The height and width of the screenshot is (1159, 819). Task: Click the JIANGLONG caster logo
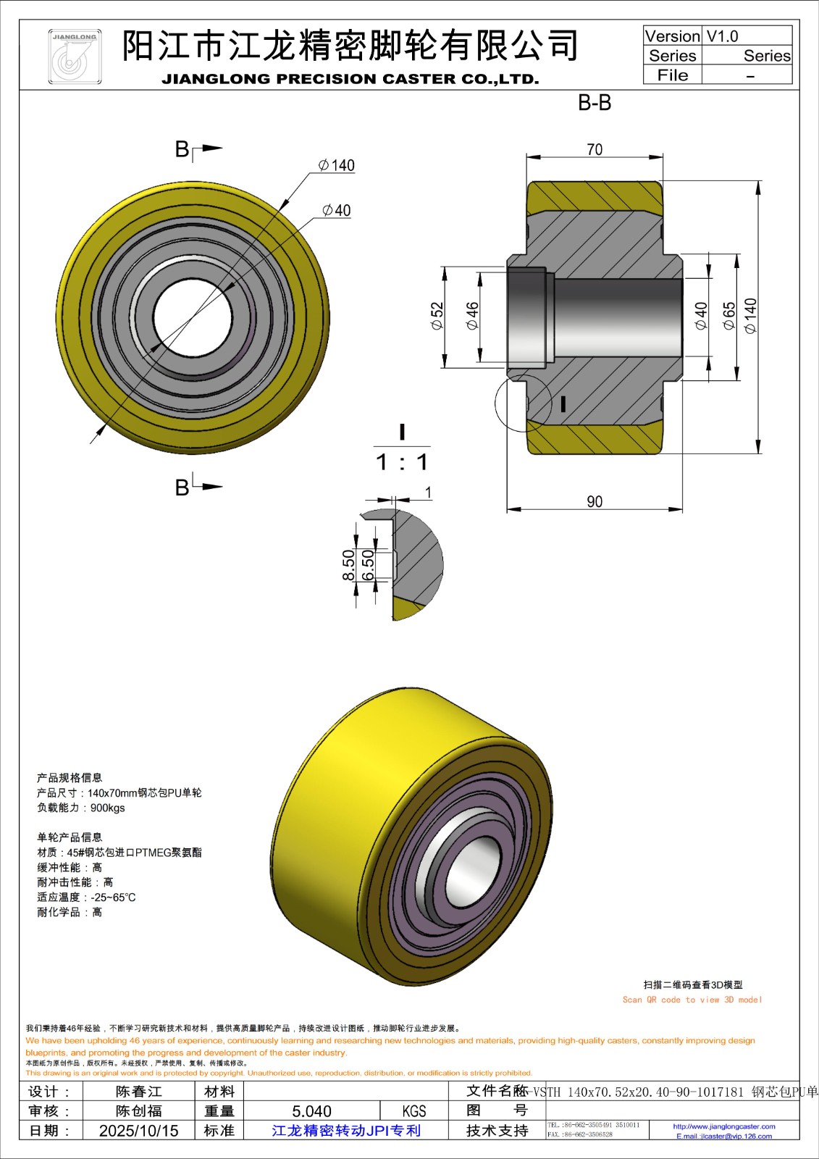pyautogui.click(x=75, y=57)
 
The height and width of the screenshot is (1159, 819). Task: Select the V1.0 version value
pyautogui.click(x=722, y=36)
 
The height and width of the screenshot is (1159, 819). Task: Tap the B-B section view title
pyautogui.click(x=595, y=103)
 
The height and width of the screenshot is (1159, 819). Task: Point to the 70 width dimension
pyautogui.click(x=595, y=149)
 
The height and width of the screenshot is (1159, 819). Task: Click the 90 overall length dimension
pyautogui.click(x=595, y=501)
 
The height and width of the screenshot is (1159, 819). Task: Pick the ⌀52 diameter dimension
pyautogui.click(x=437, y=316)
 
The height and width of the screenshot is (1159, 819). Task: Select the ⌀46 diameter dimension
pyautogui.click(x=472, y=316)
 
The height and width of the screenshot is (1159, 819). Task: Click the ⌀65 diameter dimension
pyautogui.click(x=729, y=316)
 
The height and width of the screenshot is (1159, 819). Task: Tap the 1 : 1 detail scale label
pyautogui.click(x=402, y=462)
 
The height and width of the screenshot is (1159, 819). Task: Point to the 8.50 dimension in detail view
pyautogui.click(x=349, y=565)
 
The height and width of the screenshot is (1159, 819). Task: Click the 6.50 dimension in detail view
pyautogui.click(x=368, y=565)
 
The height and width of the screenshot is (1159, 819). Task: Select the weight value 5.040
pyautogui.click(x=311, y=1111)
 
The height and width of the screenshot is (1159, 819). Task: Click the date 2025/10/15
pyautogui.click(x=138, y=1131)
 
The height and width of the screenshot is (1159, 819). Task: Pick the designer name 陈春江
pyautogui.click(x=138, y=1092)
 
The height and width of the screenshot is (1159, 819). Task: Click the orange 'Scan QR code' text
pyautogui.click(x=692, y=1000)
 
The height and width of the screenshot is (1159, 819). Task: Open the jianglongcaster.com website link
pyautogui.click(x=723, y=1126)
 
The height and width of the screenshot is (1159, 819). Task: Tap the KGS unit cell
pyautogui.click(x=414, y=1111)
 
